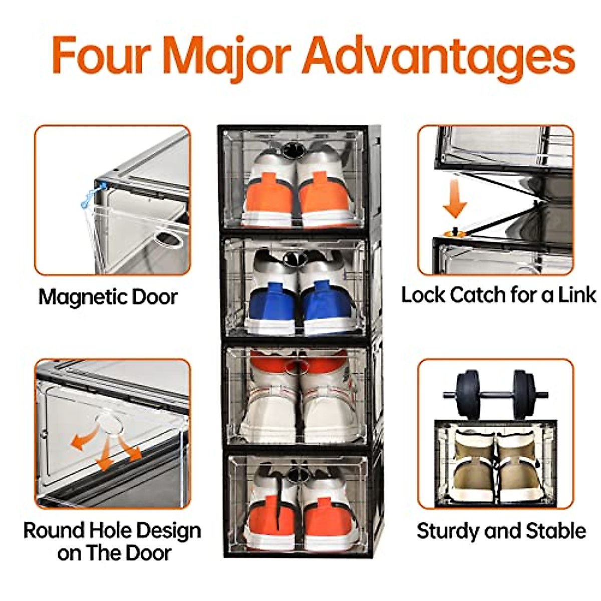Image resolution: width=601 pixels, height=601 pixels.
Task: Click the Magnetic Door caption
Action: click(x=108, y=296)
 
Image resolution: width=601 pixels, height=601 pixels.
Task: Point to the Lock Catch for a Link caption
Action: click(x=498, y=294)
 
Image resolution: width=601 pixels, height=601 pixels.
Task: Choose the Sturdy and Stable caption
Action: click(x=501, y=531)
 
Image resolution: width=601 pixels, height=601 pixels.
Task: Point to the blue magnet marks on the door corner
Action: click(x=94, y=195)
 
